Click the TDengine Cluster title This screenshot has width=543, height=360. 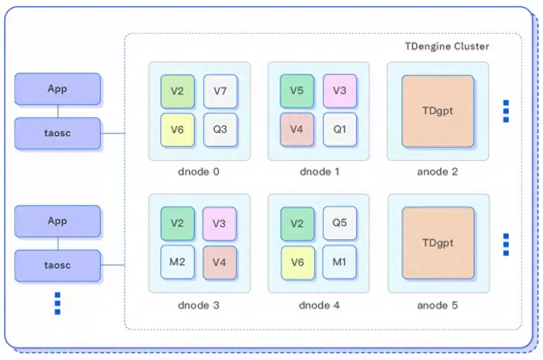pyautogui.click(x=447, y=46)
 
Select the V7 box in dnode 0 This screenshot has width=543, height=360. pyautogui.click(x=220, y=91)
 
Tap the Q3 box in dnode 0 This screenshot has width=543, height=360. pyautogui.click(x=220, y=130)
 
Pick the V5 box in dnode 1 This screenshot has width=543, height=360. pyautogui.click(x=297, y=91)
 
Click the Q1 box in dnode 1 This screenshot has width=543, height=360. pyautogui.click(x=340, y=130)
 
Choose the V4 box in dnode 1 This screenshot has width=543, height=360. pyautogui.click(x=297, y=130)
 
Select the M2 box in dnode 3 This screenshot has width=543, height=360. pyautogui.click(x=177, y=261)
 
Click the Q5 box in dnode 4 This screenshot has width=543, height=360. pyautogui.click(x=340, y=223)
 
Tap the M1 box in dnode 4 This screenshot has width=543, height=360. pyautogui.click(x=340, y=261)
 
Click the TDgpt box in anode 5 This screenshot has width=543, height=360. pyautogui.click(x=437, y=243)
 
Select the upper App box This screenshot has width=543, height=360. pyautogui.click(x=57, y=88)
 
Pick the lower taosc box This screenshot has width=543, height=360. pyautogui.click(x=57, y=265)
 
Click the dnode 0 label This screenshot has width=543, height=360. pyautogui.click(x=198, y=172)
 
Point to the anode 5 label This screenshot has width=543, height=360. pyautogui.click(x=437, y=305)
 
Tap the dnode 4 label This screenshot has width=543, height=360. pyautogui.click(x=319, y=305)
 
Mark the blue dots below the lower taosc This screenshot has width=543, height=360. pyautogui.click(x=57, y=303)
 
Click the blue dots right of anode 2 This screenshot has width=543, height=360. pyautogui.click(x=506, y=111)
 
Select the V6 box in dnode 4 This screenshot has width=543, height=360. pyautogui.click(x=297, y=261)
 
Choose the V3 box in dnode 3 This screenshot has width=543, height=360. pyautogui.click(x=220, y=223)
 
